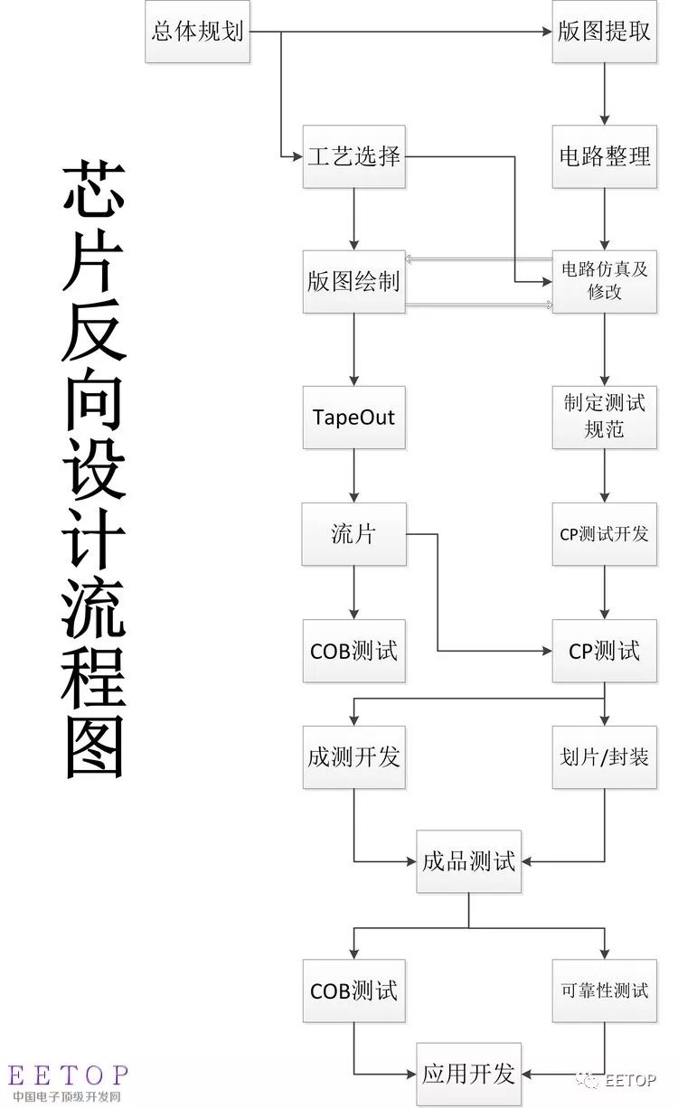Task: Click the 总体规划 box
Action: tap(197, 32)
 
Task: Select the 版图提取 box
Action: tap(604, 32)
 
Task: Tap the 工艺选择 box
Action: tap(353, 156)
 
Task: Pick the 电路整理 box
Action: tap(604, 156)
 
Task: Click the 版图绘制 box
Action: tap(353, 281)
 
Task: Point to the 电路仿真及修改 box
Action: tap(604, 281)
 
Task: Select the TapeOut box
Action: tap(353, 418)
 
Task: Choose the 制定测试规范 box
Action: tap(604, 418)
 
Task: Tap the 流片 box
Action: tap(353, 534)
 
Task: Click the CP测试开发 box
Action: tap(604, 534)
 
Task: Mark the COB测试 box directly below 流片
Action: tap(353, 651)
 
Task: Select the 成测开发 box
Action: tap(353, 757)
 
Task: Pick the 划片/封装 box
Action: tap(604, 757)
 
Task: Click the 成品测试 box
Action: tap(468, 861)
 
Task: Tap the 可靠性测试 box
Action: tap(604, 991)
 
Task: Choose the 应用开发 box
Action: tap(468, 1074)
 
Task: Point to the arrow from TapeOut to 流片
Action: tap(353, 475)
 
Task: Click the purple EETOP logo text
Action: tap(68, 1075)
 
